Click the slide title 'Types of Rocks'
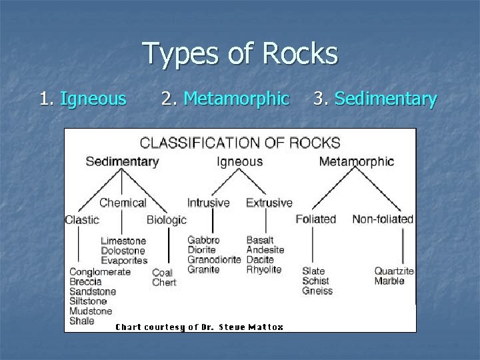coord(240,54)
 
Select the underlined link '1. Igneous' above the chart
coord(83,99)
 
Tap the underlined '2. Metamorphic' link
coord(225,99)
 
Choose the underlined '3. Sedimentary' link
coord(375,99)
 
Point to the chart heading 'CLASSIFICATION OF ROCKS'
coord(239,143)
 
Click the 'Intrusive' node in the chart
coord(208,203)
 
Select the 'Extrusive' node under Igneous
coord(269,203)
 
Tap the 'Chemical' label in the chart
coord(123,203)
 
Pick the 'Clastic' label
coord(82,219)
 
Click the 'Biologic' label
coord(166,220)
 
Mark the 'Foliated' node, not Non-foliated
coord(316,219)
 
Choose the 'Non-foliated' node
coord(383,219)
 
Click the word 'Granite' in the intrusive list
coord(203,270)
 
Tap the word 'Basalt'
coord(260,240)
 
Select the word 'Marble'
coord(389,281)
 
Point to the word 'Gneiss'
coord(317,291)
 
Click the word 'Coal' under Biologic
coord(163,272)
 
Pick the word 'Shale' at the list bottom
coord(82,321)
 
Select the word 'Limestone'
coord(123,241)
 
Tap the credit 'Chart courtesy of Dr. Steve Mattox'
coord(199,327)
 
